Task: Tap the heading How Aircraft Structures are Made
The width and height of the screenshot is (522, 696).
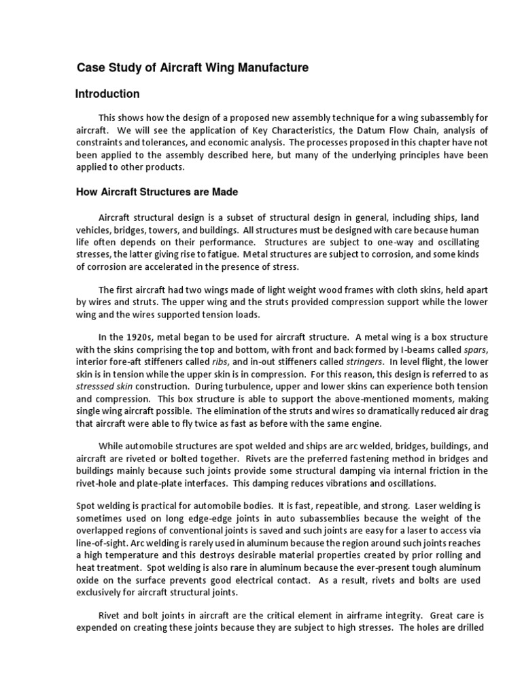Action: (x=156, y=192)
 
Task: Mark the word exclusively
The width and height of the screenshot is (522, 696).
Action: (x=101, y=592)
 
